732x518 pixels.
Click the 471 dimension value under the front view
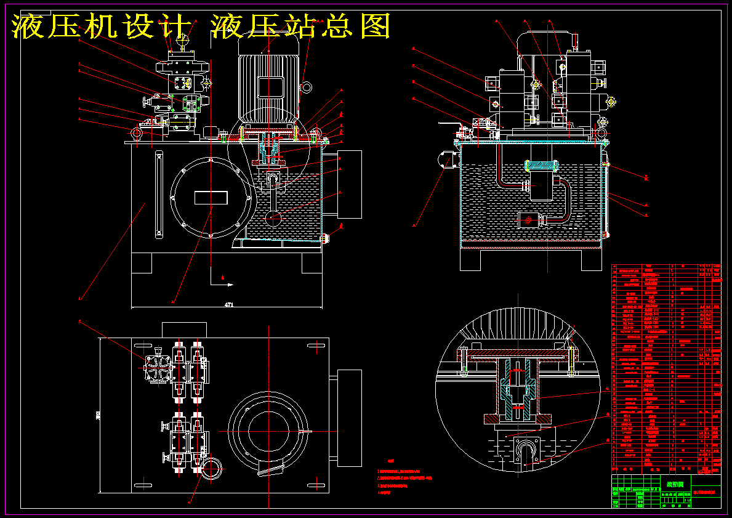tap(229, 304)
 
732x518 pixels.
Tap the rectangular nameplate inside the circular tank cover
tap(211, 198)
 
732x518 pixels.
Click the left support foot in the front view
tap(142, 264)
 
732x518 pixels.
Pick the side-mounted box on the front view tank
tap(348, 184)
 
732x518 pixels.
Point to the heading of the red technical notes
tap(390, 461)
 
